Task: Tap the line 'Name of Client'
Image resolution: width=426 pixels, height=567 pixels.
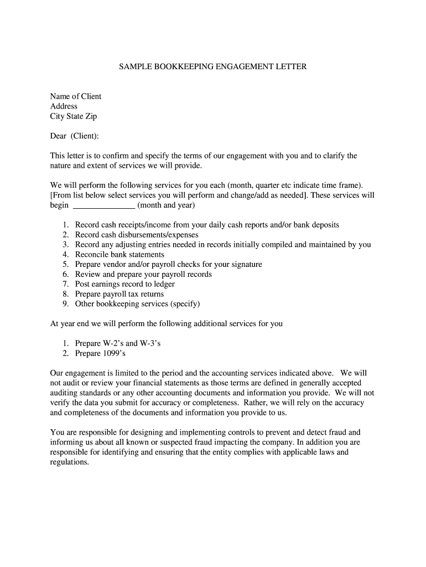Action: pos(76,96)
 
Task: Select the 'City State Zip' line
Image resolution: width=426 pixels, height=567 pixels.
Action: pos(74,116)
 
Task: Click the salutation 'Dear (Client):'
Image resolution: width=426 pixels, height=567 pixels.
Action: pos(75,136)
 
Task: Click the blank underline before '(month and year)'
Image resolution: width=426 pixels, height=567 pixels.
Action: pos(104,205)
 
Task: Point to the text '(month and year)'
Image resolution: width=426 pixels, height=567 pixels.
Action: pos(167,205)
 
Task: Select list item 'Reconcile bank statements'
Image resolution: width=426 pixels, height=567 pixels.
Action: pos(120,255)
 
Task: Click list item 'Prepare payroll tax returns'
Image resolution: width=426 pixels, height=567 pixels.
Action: pos(120,294)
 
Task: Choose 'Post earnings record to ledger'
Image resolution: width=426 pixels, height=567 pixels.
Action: pos(125,284)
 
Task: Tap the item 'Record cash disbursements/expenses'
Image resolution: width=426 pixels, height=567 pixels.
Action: pos(137,235)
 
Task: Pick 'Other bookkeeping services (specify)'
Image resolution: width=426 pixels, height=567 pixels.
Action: pos(138,304)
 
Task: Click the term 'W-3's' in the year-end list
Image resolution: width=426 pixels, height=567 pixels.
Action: pos(150,343)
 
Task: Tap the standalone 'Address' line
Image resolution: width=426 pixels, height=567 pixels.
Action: pos(64,106)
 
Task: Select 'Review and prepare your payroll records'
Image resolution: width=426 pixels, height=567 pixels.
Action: pos(143,274)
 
